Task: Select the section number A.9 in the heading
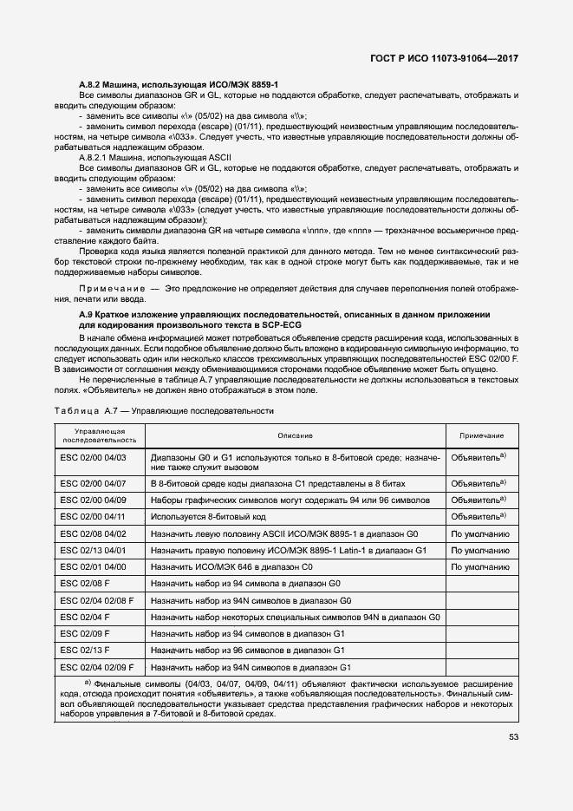[87, 313]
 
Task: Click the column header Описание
[295, 435]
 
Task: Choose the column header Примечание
[477, 435]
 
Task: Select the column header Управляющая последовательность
[100, 435]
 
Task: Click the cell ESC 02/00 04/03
[94, 456]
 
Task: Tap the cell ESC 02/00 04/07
[94, 482]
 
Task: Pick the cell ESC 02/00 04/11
[94, 516]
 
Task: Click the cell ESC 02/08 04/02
[94, 533]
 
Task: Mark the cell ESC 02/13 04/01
[94, 549]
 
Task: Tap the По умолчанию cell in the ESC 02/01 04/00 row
[477, 566]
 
